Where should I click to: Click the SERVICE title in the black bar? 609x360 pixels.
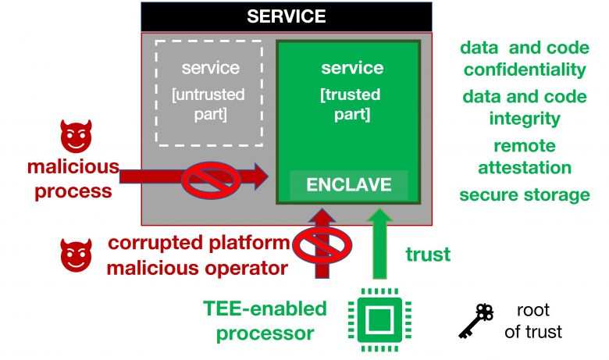[287, 16]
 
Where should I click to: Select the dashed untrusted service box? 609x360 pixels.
[208, 93]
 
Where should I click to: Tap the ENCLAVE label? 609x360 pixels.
[349, 186]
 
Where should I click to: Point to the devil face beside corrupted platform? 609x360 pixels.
[77, 255]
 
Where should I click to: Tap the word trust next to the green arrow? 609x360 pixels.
[428, 255]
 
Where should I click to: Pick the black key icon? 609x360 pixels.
[475, 320]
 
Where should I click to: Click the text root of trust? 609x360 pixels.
[533, 320]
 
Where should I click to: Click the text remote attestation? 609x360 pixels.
[525, 156]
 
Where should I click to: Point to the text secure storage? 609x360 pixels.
[525, 194]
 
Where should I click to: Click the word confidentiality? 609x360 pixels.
[525, 69]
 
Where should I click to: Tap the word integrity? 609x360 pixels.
[525, 118]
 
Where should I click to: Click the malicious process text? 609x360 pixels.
[73, 178]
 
